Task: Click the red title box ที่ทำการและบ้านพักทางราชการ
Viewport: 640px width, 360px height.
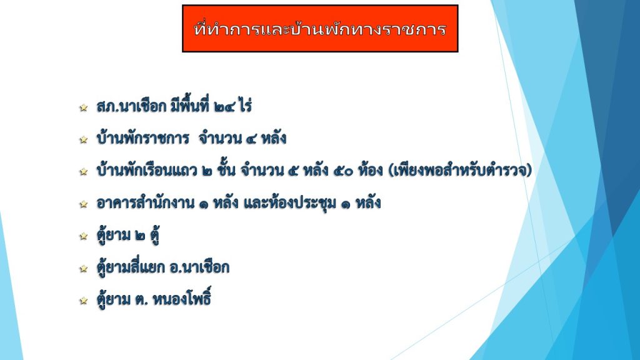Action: (320, 29)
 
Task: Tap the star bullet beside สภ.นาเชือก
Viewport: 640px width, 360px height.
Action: (84, 107)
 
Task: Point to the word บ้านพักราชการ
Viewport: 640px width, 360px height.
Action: (143, 138)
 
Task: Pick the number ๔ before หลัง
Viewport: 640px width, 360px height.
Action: (251, 139)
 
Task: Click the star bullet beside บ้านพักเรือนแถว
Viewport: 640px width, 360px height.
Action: (84, 171)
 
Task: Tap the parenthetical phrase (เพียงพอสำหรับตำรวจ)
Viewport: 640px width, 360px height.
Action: (461, 170)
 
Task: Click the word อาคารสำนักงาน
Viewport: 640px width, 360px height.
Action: (145, 202)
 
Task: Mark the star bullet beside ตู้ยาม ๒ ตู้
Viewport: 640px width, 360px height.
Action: (84, 236)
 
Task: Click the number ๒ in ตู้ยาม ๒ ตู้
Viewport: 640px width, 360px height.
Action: (140, 236)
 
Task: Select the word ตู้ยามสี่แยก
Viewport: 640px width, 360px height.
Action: (131, 267)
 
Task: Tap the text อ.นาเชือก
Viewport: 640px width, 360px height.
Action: (199, 267)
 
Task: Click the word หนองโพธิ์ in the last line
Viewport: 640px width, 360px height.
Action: (182, 298)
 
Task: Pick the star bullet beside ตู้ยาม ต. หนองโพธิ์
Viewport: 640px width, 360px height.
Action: (84, 301)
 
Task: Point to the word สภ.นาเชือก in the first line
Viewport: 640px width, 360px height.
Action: (131, 106)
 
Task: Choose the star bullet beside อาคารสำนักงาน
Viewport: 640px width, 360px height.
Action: (84, 204)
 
